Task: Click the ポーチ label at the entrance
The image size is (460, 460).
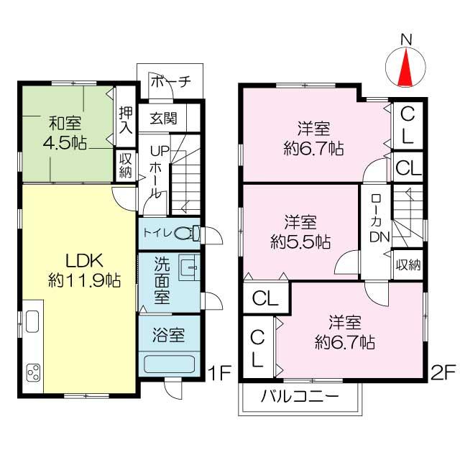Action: (170, 82)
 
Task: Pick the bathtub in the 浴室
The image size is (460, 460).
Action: (170, 363)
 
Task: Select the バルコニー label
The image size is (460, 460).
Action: (299, 396)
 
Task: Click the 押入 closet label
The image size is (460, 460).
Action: (126, 120)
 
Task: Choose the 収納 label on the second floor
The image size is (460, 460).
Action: (408, 264)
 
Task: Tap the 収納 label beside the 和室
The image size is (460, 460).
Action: (125, 164)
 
